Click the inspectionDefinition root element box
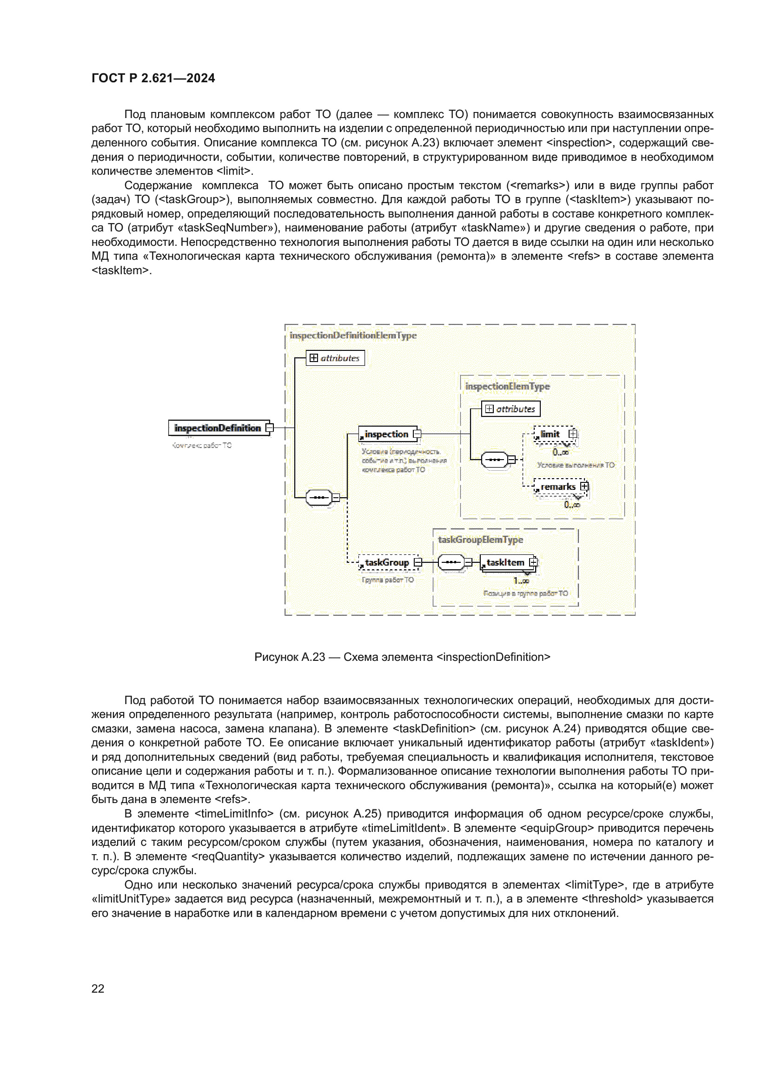(217, 428)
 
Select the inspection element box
(387, 434)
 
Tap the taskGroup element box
(387, 562)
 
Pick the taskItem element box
(506, 562)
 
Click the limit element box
(550, 434)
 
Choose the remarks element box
(558, 487)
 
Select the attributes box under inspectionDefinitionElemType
(335, 358)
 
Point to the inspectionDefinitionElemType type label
(353, 336)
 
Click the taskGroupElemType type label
(480, 540)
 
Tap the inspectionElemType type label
(507, 386)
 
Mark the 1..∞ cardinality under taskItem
(521, 581)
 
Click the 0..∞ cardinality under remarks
(571, 505)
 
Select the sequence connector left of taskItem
(451, 562)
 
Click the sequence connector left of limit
(494, 459)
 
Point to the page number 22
(98, 988)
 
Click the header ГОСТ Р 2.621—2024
(153, 78)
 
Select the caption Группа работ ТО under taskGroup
(387, 580)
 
